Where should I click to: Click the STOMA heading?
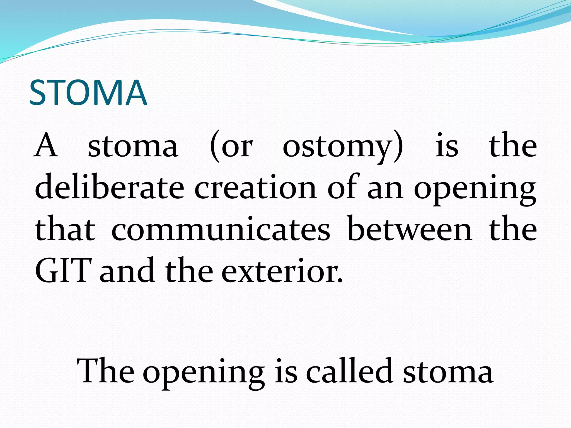pos(88,93)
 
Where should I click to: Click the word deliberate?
pos(109,187)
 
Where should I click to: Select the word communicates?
pos(221,229)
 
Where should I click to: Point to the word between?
pos(410,229)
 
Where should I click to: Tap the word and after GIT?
pos(127,271)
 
